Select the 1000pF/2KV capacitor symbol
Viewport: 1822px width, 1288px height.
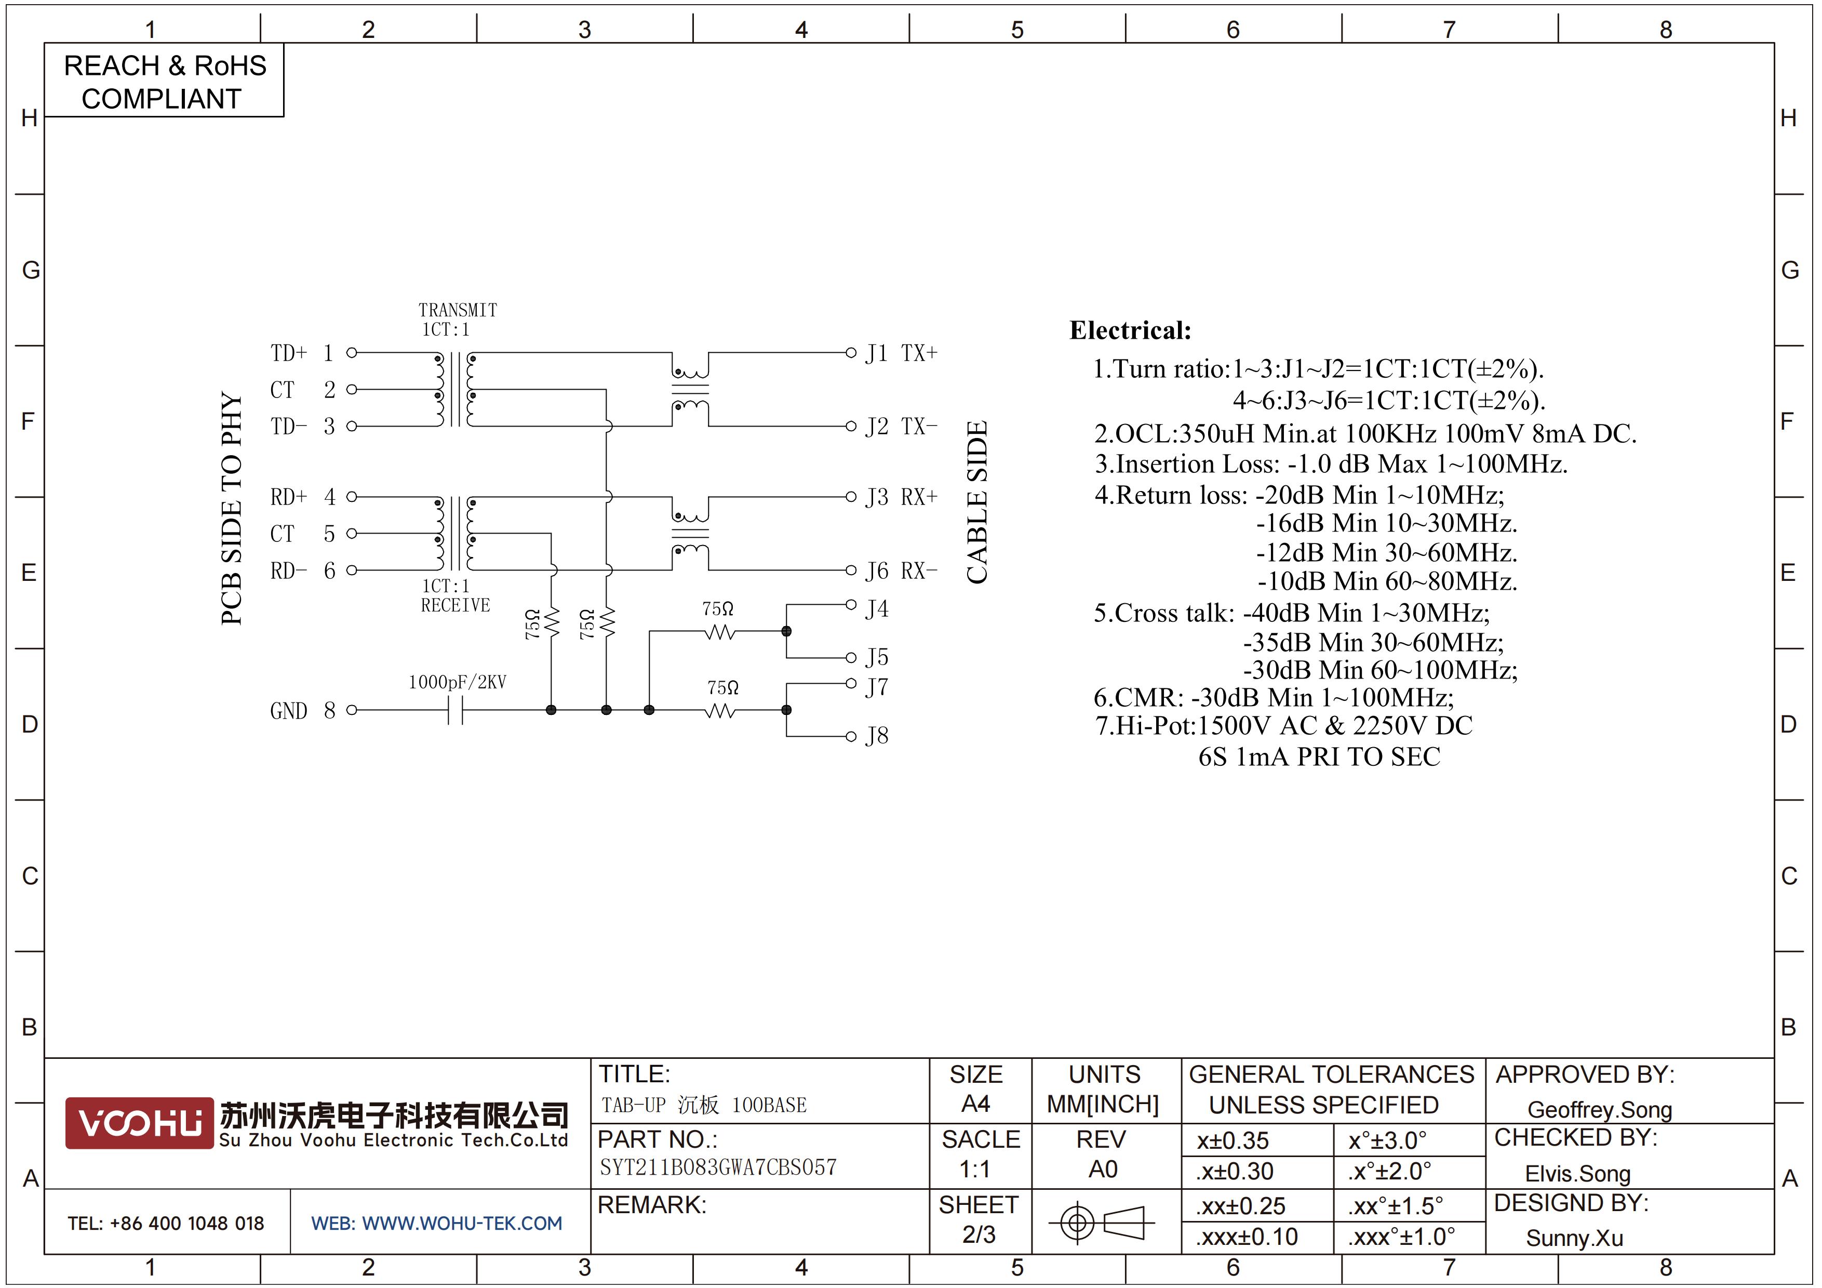click(x=455, y=710)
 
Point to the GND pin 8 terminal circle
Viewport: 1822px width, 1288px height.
click(x=352, y=710)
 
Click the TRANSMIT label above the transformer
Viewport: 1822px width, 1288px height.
click(x=458, y=310)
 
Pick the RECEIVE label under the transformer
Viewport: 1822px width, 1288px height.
click(x=455, y=605)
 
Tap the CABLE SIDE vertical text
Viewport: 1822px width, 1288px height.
click(x=977, y=502)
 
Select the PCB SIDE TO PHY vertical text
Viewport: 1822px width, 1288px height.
click(x=231, y=508)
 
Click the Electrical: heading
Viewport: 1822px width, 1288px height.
click(x=1130, y=330)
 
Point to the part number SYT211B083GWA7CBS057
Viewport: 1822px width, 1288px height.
click(x=718, y=1167)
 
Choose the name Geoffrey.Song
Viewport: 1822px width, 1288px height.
click(x=1600, y=1110)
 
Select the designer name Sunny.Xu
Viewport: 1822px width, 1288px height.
click(x=1574, y=1238)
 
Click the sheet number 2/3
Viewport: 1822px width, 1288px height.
click(x=979, y=1235)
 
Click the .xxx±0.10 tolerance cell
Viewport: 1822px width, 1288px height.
click(x=1247, y=1237)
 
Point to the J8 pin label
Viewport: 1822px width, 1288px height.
click(x=877, y=736)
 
